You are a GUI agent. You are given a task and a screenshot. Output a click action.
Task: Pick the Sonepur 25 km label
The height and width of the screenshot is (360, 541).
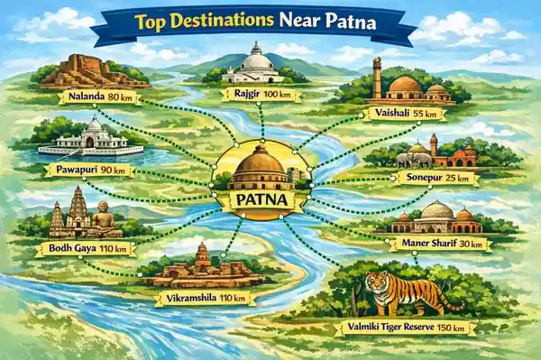(x=436, y=178)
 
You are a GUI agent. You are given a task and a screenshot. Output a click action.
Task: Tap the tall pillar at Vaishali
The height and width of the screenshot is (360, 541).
(x=377, y=77)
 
